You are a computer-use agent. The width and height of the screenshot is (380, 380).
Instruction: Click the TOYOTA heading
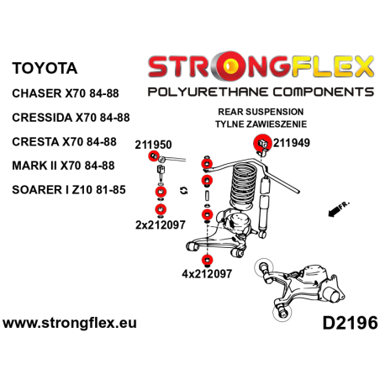point(45,68)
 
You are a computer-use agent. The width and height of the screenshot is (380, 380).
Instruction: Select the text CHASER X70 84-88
point(66,93)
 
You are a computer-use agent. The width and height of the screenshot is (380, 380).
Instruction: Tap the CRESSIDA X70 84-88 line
point(71,118)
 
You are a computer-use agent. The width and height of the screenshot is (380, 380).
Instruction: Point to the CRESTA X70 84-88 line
point(64,142)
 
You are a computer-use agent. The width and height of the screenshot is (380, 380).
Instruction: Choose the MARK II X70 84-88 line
point(63,166)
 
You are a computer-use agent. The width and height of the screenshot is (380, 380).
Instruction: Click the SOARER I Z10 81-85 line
point(69,190)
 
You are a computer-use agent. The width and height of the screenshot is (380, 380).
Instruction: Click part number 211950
point(153,145)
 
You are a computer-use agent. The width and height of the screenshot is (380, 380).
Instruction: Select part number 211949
point(292,143)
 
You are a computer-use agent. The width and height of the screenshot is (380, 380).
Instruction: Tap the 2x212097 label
point(161,224)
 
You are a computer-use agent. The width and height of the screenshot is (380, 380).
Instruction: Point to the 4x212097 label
point(207,273)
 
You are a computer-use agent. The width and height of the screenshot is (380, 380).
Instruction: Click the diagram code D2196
point(350,323)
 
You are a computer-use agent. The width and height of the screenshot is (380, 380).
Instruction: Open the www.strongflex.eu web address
point(70,323)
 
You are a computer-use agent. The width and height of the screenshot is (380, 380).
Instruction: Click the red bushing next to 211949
point(262,143)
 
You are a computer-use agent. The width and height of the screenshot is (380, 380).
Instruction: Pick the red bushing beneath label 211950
point(154,156)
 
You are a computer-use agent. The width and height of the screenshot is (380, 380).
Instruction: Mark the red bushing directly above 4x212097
point(207,260)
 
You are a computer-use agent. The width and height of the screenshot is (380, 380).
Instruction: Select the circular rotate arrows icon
point(183,191)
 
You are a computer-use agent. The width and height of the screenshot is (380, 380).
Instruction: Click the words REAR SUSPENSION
point(261,112)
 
